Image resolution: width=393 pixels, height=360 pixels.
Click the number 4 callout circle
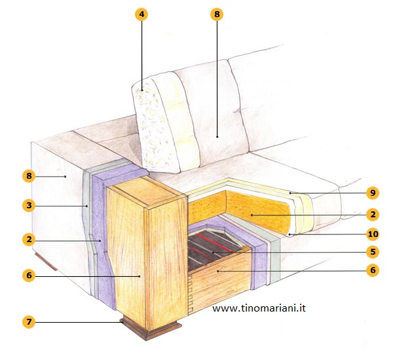tap(141, 15)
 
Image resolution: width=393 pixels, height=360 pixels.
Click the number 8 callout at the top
tap(217, 15)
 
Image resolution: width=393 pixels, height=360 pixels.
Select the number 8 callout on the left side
tap(28, 176)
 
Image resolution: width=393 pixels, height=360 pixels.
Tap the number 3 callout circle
tap(28, 206)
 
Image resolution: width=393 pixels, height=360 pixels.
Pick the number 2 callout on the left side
tap(28, 240)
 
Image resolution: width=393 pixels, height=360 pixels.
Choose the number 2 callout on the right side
tap(372, 214)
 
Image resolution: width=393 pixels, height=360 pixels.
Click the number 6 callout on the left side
tap(28, 276)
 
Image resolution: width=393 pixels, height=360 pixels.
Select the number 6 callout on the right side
tap(372, 270)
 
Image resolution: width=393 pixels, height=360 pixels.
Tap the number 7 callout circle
tap(28, 322)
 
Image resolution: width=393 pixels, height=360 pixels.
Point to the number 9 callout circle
tap(372, 193)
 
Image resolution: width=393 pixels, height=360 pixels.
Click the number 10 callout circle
tap(372, 234)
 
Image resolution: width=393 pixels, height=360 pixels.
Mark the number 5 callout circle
tap(372, 251)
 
